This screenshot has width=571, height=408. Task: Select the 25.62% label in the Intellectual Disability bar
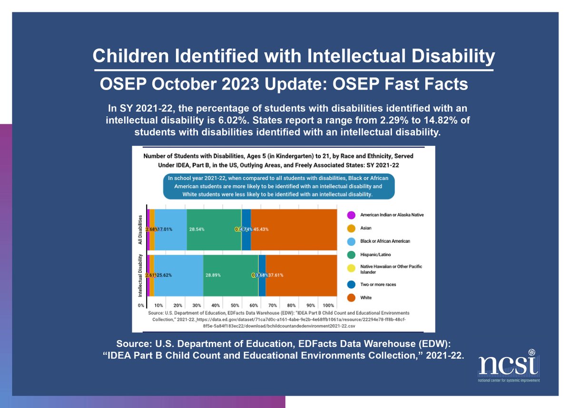click(x=164, y=275)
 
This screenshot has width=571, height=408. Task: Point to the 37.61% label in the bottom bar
click(x=276, y=275)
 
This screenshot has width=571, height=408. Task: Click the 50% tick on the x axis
click(x=235, y=305)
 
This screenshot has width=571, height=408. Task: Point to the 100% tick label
click(x=328, y=305)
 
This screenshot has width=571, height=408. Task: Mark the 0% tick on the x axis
click(x=141, y=305)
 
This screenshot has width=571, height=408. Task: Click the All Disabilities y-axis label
click(x=140, y=229)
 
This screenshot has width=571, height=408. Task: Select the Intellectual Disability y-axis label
click(x=140, y=276)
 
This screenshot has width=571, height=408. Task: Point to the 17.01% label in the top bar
click(x=165, y=229)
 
